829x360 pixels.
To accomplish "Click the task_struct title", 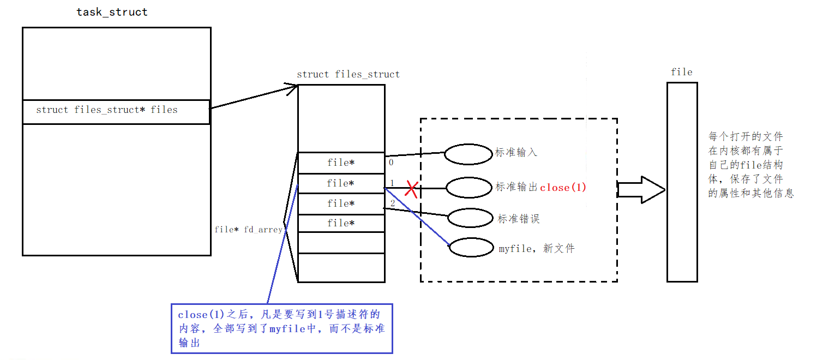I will coord(112,12).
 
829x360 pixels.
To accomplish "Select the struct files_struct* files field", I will coord(107,110).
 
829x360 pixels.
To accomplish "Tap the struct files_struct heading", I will coord(348,74).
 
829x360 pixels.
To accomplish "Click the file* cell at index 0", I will coord(341,163).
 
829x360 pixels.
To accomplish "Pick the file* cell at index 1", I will coord(341,183).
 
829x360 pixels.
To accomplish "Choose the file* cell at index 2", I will coord(341,203).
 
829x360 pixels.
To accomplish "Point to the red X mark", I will coord(411,190).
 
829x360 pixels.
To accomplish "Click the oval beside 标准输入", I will coord(468,154).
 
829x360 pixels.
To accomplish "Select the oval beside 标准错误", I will coord(471,218).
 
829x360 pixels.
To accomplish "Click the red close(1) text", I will coord(563,188).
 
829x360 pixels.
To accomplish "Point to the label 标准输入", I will coord(516,153).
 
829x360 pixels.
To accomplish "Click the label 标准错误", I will coord(519,219).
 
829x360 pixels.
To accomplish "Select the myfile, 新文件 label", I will coord(537,249).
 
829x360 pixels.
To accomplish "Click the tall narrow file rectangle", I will coord(682,182).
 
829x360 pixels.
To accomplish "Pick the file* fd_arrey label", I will coord(249,230).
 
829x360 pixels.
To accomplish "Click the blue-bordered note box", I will coord(281,328).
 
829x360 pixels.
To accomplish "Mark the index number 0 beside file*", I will coord(391,162).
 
